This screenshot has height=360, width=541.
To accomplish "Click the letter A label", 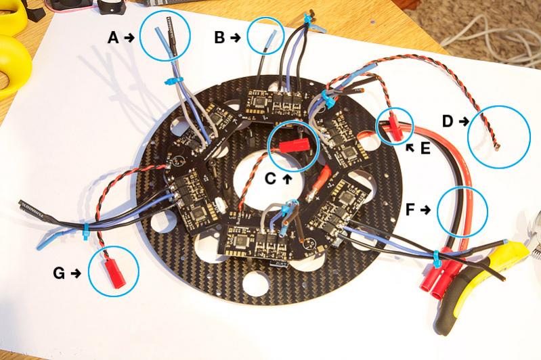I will click(114, 38).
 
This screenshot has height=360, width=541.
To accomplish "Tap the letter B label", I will click(219, 38).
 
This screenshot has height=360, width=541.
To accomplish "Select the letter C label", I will click(269, 178).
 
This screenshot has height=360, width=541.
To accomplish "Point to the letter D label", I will click(448, 121).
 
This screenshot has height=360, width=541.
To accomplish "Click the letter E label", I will click(425, 148).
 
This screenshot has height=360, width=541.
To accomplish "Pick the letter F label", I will click(410, 210).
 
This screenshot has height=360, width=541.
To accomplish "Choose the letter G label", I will click(59, 273).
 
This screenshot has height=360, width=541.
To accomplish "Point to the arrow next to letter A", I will click(130, 38).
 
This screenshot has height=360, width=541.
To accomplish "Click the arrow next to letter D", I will click(463, 121).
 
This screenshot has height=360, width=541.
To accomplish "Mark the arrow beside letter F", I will click(426, 210).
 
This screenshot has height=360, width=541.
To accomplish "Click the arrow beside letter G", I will click(75, 273).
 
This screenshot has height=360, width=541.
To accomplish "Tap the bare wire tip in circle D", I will click(496, 145).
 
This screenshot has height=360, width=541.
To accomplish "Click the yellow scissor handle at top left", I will click(14, 58).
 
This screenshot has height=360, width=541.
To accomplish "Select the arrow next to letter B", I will click(235, 38).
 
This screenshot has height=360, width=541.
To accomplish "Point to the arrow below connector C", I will click(286, 178).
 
